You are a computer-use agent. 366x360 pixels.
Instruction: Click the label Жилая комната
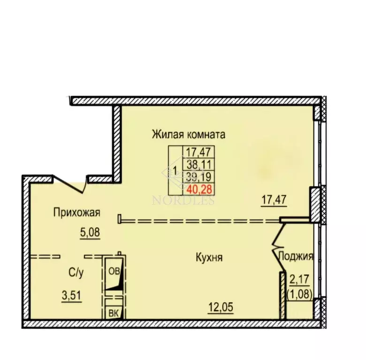188,134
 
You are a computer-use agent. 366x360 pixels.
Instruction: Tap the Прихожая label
77,213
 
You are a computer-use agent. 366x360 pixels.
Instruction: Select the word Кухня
209,257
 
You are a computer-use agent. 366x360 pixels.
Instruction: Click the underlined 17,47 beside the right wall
274,201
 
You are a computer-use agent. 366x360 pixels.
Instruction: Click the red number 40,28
198,189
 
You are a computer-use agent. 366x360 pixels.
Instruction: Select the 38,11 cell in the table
198,164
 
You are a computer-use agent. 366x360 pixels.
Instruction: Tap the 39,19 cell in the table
198,177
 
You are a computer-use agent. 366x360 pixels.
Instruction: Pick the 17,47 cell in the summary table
198,152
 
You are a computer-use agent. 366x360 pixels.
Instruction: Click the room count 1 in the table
175,170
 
